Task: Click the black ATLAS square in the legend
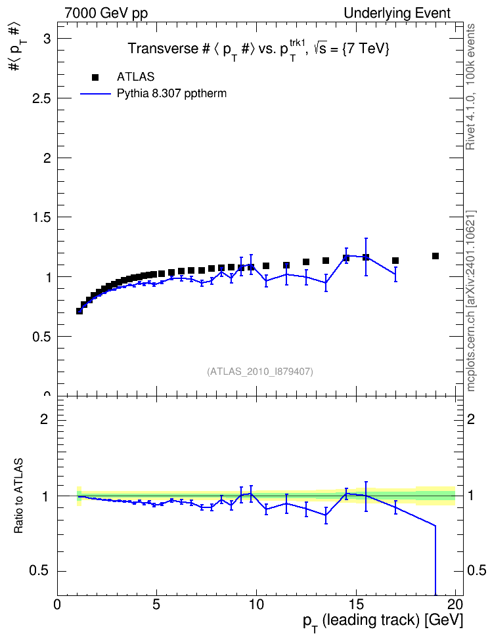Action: [x=95, y=77]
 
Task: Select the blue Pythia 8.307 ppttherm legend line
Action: [x=95, y=94]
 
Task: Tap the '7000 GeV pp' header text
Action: [x=106, y=13]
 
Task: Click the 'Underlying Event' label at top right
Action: [x=397, y=13]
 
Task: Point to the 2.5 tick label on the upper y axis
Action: [x=41, y=98]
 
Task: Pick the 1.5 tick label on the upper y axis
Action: [x=41, y=217]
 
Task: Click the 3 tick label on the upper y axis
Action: [x=48, y=39]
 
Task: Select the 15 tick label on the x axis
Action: [x=357, y=604]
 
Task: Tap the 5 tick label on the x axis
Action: [x=157, y=604]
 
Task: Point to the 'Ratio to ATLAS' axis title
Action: [x=18, y=496]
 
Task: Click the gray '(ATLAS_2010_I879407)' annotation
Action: [x=260, y=372]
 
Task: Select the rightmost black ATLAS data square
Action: [x=435, y=256]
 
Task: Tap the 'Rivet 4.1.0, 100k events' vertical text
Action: [x=470, y=87]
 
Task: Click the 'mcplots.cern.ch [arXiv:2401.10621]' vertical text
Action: [x=470, y=301]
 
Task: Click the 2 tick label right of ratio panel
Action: [x=471, y=419]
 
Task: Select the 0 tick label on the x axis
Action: [x=57, y=604]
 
